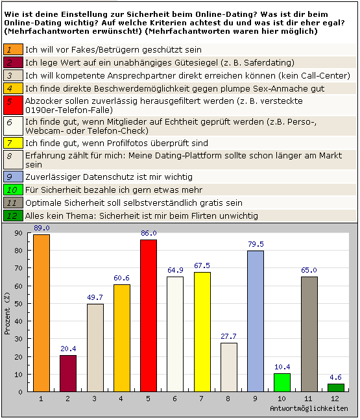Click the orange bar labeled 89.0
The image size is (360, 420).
42,313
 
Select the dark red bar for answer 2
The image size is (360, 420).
68,373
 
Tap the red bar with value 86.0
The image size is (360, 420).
149,315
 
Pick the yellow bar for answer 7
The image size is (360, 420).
202,332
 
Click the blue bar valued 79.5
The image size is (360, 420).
256,321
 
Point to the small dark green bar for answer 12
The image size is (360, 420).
336,388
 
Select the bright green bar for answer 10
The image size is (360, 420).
282,382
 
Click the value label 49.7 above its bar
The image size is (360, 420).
95,297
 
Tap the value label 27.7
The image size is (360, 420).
228,336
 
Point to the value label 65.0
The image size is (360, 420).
309,270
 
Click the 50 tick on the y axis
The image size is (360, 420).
18,304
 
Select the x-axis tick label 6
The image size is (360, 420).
174,399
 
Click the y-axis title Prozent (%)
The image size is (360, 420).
7,314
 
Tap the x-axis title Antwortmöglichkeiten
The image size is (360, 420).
309,408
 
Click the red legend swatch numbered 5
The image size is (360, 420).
14,105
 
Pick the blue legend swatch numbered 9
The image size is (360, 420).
14,177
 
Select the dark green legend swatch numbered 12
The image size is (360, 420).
14,216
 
